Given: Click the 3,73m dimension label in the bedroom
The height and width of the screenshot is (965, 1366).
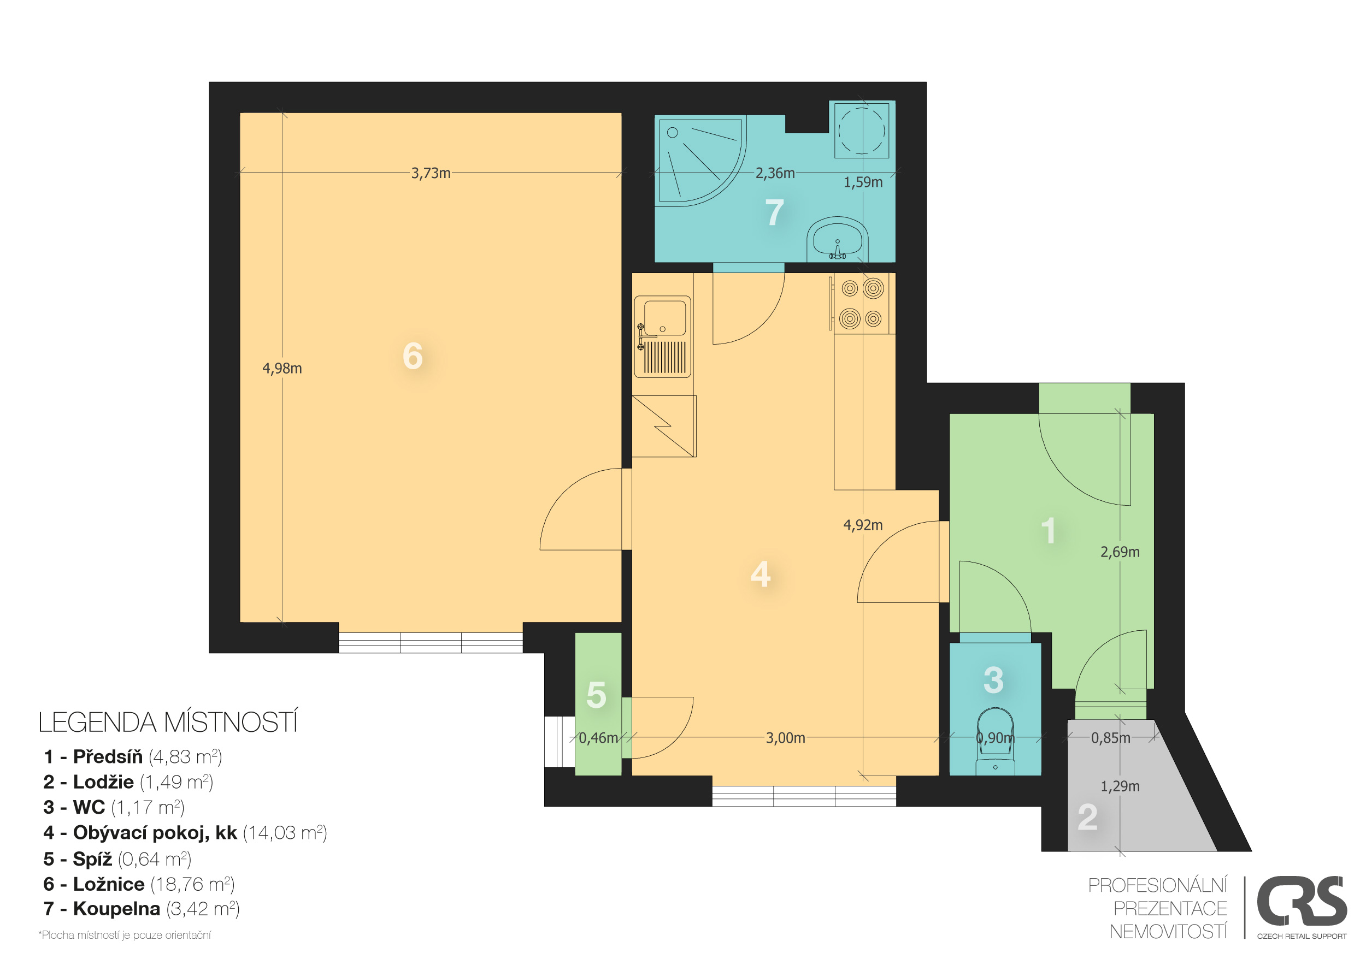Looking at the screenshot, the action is coord(431,173).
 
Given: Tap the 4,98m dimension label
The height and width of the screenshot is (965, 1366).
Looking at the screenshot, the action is coord(282,369).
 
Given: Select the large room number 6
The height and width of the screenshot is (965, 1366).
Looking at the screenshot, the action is coord(413,356).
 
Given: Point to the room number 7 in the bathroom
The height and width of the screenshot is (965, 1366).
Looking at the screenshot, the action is coord(774,212).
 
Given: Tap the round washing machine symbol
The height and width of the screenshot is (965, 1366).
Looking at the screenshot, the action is coord(862,129).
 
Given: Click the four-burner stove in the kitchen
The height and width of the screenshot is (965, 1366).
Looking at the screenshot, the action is coord(862,303).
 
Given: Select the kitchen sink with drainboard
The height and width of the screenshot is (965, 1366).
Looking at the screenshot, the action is coord(663,336).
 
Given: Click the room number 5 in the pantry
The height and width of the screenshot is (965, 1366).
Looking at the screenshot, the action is coord(596,695).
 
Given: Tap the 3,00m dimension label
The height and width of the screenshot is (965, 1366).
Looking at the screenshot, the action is coord(785,738).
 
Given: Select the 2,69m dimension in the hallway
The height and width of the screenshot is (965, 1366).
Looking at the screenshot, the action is coord(1120,552).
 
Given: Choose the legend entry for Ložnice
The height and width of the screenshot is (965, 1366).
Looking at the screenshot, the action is coord(139,885).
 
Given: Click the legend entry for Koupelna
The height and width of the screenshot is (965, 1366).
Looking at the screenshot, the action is coord(142,909).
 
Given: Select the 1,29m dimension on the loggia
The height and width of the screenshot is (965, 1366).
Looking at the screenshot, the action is coord(1120,786).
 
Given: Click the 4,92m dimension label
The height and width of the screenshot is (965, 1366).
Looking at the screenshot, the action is coord(863,525).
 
